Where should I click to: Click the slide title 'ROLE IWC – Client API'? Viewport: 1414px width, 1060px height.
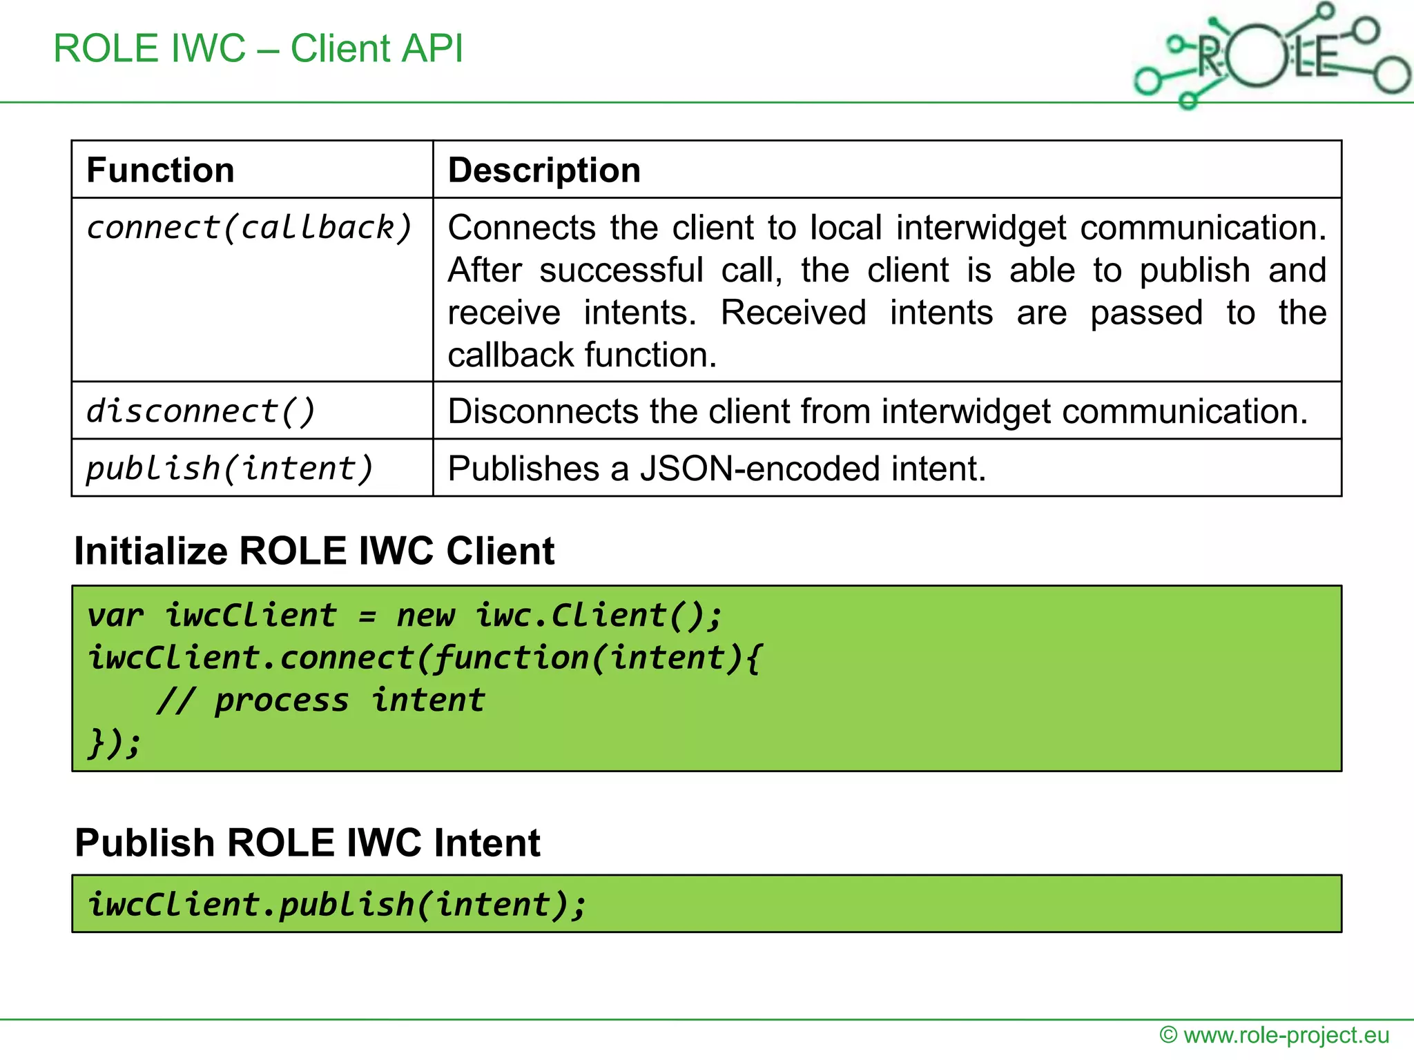(x=258, y=48)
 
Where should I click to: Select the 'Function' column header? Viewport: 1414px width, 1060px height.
(x=160, y=170)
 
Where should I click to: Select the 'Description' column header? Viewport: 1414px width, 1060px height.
(x=544, y=170)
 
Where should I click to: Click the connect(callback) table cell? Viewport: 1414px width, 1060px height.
(x=249, y=228)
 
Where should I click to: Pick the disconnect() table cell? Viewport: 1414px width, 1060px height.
(x=200, y=411)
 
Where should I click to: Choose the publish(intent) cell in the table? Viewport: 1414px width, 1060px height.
(x=229, y=469)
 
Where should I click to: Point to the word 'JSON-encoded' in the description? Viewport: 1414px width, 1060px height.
(x=760, y=469)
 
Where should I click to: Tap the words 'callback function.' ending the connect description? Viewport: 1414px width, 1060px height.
(x=582, y=355)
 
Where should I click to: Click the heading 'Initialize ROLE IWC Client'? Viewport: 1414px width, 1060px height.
(x=314, y=551)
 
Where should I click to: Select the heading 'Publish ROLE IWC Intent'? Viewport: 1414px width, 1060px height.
(x=307, y=843)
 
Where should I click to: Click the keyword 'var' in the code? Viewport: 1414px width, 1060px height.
(x=115, y=615)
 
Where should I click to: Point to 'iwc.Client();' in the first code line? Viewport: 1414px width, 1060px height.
(x=598, y=615)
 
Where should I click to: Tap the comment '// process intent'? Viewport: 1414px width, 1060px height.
(x=321, y=700)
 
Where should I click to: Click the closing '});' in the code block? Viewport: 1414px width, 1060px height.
(x=114, y=743)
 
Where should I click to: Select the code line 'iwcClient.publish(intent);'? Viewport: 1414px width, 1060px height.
(x=337, y=904)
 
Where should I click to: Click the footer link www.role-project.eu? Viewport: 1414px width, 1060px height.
(x=1286, y=1035)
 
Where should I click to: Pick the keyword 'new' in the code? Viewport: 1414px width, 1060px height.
(x=426, y=615)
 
